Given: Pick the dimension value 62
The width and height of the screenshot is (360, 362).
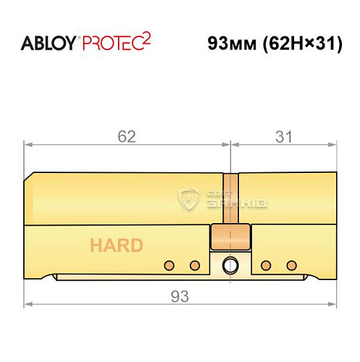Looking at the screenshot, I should pyautogui.click(x=127, y=135).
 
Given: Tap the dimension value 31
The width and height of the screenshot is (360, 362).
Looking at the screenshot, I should pyautogui.click(x=284, y=135).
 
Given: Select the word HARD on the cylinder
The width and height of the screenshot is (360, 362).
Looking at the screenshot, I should pyautogui.click(x=117, y=245).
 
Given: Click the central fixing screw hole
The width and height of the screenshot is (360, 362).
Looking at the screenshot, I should pyautogui.click(x=230, y=264).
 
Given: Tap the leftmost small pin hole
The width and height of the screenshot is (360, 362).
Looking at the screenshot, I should pyautogui.click(x=169, y=264).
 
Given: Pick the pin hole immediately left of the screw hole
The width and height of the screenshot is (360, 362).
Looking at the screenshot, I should pyautogui.click(x=194, y=264).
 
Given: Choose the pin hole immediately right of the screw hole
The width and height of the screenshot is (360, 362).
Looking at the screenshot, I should pyautogui.click(x=266, y=264).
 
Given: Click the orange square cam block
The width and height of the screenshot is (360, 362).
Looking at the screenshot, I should pyautogui.click(x=230, y=237).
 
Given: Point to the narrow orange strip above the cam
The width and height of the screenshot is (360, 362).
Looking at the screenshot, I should pyautogui.click(x=230, y=198).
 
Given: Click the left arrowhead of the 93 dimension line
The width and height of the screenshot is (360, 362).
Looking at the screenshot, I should pyautogui.click(x=28, y=304).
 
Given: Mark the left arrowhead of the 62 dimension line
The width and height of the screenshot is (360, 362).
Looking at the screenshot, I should pyautogui.click(x=28, y=145).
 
